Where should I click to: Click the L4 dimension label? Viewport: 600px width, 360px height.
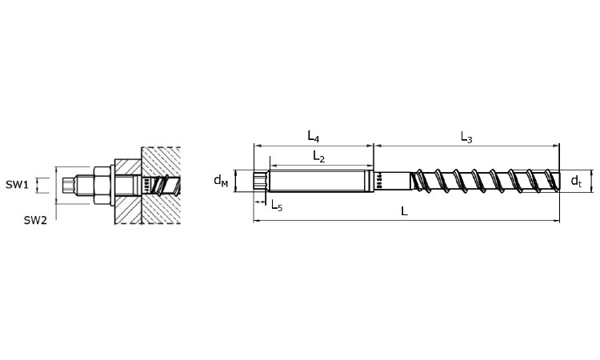pyautogui.click(x=314, y=137)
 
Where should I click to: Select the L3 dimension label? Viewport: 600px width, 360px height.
pyautogui.click(x=466, y=137)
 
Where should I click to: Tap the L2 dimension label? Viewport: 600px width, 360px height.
pyautogui.click(x=318, y=157)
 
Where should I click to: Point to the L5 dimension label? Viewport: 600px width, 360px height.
pyautogui.click(x=277, y=206)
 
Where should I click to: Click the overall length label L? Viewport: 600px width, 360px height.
pyautogui.click(x=404, y=210)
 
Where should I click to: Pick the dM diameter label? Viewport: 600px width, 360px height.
pyautogui.click(x=221, y=180)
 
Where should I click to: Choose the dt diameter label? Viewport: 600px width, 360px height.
pyautogui.click(x=576, y=181)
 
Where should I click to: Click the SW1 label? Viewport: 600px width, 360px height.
pyautogui.click(x=17, y=185)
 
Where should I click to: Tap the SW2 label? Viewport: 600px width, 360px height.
pyautogui.click(x=35, y=220)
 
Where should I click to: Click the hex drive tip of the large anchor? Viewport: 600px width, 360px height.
pyautogui.click(x=260, y=181)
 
